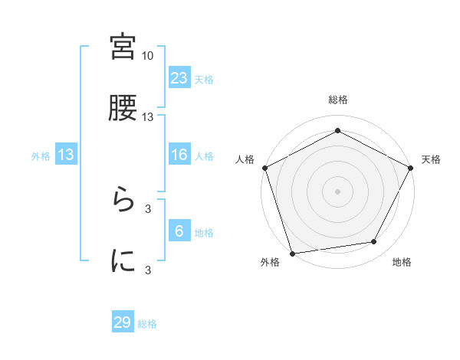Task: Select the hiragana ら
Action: click(123, 201)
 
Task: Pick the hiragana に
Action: click(123, 260)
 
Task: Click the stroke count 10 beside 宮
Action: click(148, 56)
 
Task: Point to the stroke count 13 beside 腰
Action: click(148, 117)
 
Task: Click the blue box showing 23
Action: click(179, 77)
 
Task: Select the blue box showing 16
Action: click(179, 155)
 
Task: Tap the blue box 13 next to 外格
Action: click(66, 155)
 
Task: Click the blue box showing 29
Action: click(123, 322)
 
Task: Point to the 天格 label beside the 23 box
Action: click(204, 79)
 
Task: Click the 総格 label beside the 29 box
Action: click(147, 324)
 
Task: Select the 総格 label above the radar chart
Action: click(338, 100)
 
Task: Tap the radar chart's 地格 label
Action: click(402, 263)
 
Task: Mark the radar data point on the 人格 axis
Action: click(265, 167)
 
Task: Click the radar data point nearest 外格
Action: click(292, 252)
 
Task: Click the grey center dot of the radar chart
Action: click(338, 191)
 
